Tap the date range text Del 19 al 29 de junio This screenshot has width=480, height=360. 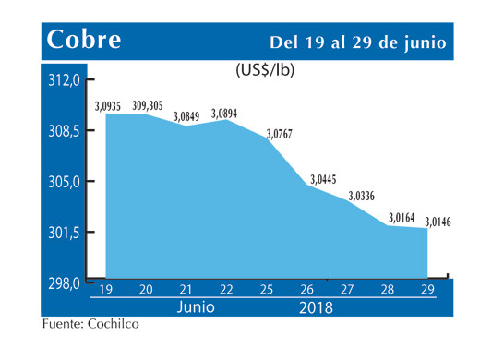coord(358,43)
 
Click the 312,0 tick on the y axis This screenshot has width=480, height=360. coord(66,81)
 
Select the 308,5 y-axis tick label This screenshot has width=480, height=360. coord(66,131)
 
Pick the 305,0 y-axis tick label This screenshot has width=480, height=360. coord(66,182)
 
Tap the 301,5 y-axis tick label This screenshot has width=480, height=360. coord(66,233)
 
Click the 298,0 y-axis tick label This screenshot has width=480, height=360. coord(66,282)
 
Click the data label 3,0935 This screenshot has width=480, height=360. coord(108,105)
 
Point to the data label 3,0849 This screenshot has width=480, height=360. coord(189,117)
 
